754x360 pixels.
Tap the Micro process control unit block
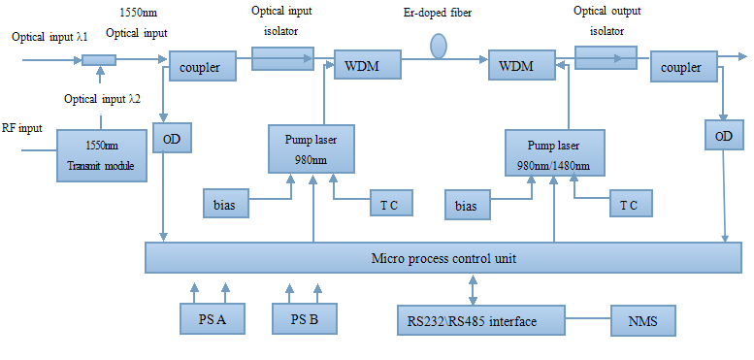(443, 258)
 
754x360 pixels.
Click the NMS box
(642, 318)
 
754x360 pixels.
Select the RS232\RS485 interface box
(481, 318)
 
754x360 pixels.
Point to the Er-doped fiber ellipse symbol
(439, 46)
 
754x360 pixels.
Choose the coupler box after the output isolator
(683, 67)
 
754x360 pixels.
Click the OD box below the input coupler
(172, 139)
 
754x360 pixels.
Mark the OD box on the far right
(723, 137)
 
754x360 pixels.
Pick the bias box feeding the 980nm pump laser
(224, 204)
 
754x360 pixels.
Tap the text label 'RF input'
(22, 127)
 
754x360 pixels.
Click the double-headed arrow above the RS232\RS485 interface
(473, 289)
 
